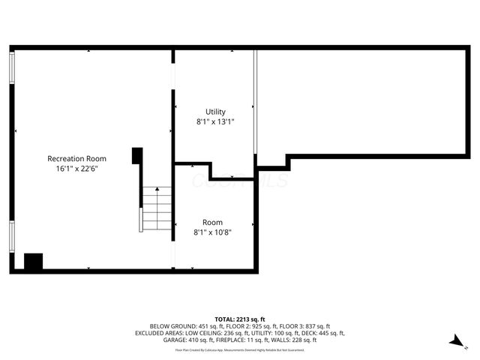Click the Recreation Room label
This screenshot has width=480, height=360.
[x=76, y=158]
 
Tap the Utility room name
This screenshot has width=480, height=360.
[x=215, y=112]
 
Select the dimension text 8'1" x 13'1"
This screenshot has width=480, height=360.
[x=215, y=121]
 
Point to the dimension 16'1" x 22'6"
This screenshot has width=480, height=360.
[x=76, y=169]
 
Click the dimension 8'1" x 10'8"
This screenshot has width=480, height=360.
[x=212, y=232]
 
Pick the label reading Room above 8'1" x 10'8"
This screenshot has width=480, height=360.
[x=212, y=222]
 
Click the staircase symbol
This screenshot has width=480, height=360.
[x=157, y=209]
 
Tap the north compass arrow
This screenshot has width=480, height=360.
[x=455, y=341]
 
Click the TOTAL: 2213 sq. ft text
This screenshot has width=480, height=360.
[x=240, y=319]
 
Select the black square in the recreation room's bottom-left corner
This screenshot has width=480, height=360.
[x=33, y=262]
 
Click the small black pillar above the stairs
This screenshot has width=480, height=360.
[x=136, y=155]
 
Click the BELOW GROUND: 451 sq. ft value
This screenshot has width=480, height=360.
[x=182, y=326]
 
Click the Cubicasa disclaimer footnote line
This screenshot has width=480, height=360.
[x=240, y=349]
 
